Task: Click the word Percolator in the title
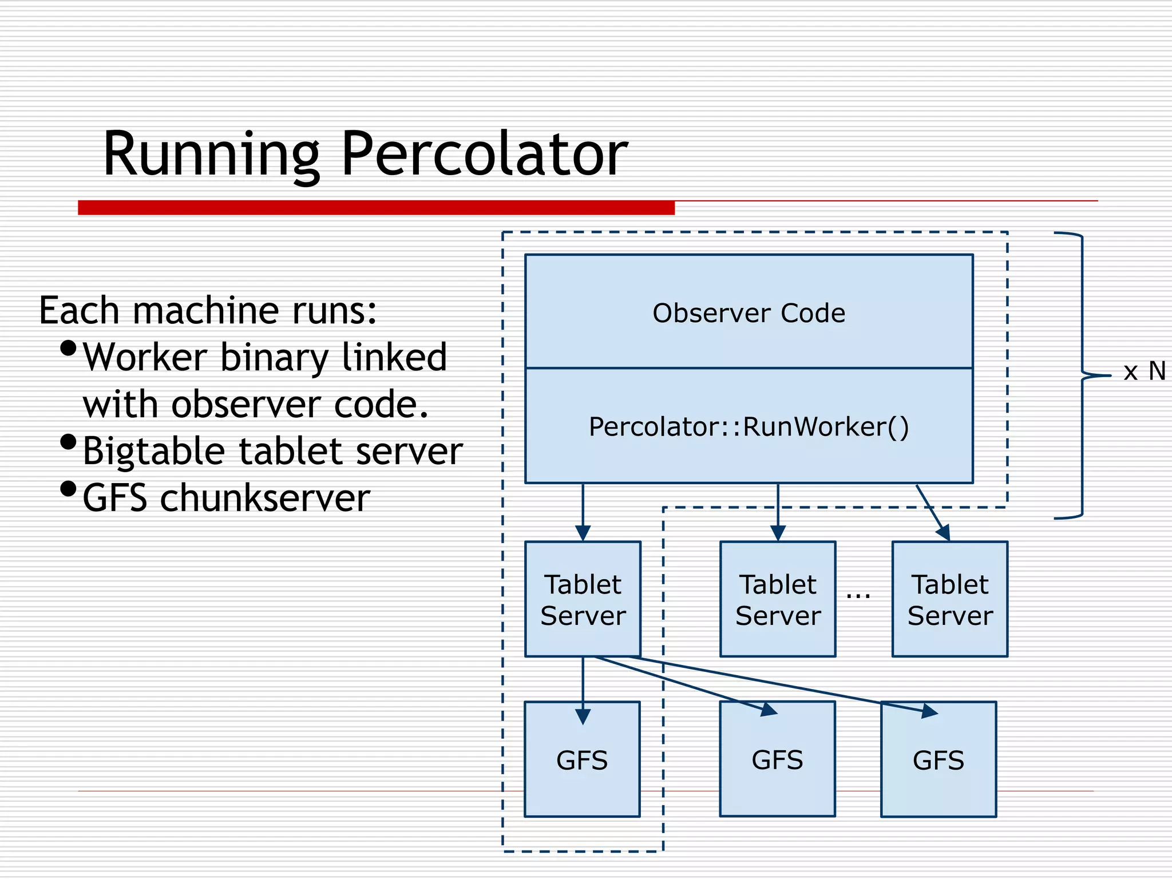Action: click(484, 153)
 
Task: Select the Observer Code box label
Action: click(749, 313)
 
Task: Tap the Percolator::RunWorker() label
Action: click(749, 427)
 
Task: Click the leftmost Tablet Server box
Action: click(583, 599)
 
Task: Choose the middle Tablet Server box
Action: click(778, 599)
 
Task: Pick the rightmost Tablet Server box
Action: click(950, 599)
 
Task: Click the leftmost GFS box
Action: click(582, 760)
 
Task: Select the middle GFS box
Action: click(777, 760)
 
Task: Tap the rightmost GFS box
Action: click(939, 760)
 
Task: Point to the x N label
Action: click(1144, 371)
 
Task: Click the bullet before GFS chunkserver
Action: click(68, 489)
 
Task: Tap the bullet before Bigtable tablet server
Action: click(68, 442)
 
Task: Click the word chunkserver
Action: click(265, 498)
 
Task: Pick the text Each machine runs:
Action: click(208, 311)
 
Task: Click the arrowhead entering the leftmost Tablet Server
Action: click(583, 533)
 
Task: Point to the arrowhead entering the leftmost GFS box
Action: click(583, 716)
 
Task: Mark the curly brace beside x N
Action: click(1082, 375)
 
